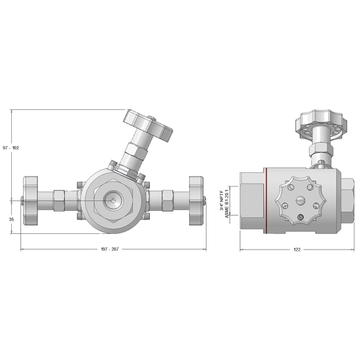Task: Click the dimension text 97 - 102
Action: point(11,148)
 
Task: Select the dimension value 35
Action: point(11,219)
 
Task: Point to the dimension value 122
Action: point(296,250)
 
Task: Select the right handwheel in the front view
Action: point(195,200)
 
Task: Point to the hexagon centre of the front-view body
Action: point(113,200)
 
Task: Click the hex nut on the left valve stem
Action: point(59,200)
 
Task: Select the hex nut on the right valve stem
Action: point(167,200)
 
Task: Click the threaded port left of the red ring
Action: point(250,200)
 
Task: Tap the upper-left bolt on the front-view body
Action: point(79,185)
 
